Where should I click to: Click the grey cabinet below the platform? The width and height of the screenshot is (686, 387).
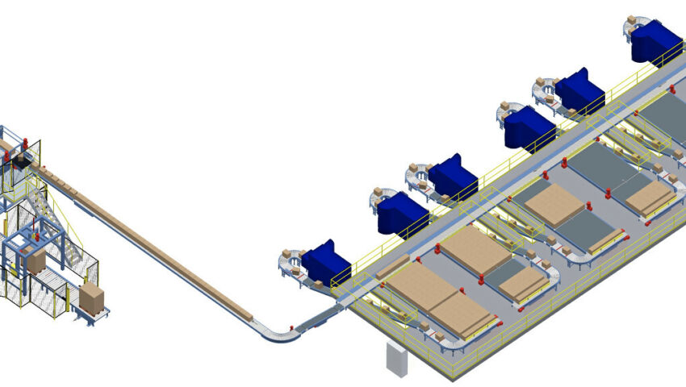tap(397, 359)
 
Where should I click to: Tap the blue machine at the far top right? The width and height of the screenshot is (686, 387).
tap(656, 41)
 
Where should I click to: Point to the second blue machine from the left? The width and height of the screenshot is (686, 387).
tap(401, 214)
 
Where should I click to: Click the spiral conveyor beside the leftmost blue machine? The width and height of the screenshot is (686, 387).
tap(289, 263)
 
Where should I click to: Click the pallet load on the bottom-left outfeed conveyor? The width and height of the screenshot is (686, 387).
tap(91, 298)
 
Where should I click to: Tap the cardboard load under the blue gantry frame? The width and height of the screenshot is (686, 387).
tap(37, 260)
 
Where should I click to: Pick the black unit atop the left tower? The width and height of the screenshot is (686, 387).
tap(18, 164)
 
